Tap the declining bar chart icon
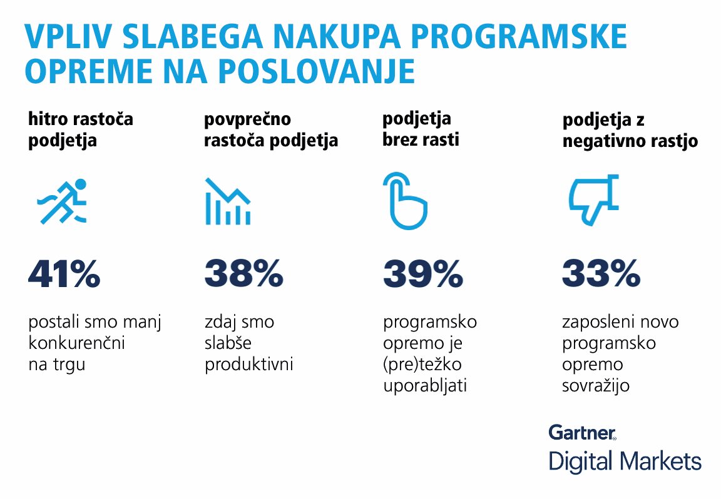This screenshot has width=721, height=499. [228, 201]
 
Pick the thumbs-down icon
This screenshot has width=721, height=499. [593, 200]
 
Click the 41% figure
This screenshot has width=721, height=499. [64, 274]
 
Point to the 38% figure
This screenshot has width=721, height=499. [243, 274]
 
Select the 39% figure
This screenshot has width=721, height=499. [423, 274]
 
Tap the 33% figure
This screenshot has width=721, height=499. [601, 274]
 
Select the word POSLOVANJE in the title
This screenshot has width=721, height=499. [317, 71]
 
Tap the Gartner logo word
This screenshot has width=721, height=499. [582, 432]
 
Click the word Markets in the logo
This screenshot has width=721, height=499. [660, 461]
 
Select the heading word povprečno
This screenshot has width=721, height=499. [247, 119]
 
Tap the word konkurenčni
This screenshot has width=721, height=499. [76, 343]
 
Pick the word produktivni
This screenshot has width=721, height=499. [248, 365]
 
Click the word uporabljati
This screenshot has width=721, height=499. [425, 386]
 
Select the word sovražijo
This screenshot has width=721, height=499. [595, 386]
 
